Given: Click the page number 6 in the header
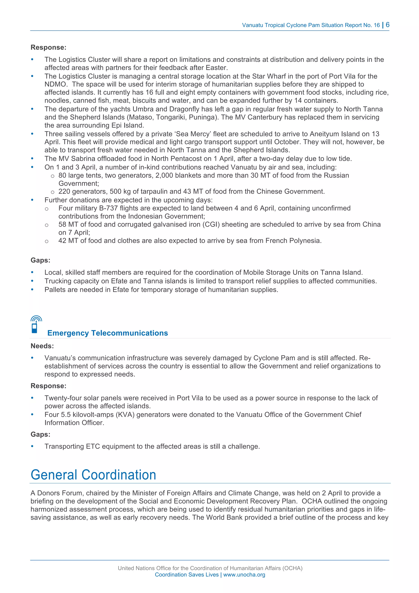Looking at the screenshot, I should [x=387, y=25].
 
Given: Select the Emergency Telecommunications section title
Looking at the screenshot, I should [x=107, y=333].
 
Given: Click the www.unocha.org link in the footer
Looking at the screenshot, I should [x=244, y=575].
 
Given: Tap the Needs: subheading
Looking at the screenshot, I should [x=42, y=346].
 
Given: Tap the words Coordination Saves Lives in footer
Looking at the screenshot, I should [x=186, y=575].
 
